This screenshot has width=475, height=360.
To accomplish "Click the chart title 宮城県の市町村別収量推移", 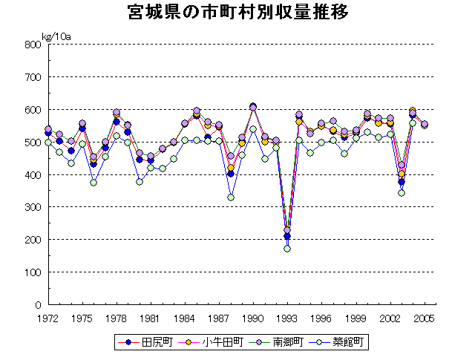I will [x=237, y=14].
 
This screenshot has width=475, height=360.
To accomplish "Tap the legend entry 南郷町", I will [x=284, y=342].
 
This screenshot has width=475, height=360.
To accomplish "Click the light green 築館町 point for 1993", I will [x=287, y=249].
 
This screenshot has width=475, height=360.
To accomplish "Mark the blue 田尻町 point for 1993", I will [x=287, y=237].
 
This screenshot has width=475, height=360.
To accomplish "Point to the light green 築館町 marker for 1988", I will [x=231, y=197].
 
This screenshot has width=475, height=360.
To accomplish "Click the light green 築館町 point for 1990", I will [x=253, y=129].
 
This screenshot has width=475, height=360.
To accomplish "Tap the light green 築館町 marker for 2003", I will [x=402, y=193].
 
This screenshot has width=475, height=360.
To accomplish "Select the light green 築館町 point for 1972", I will [x=48, y=143].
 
